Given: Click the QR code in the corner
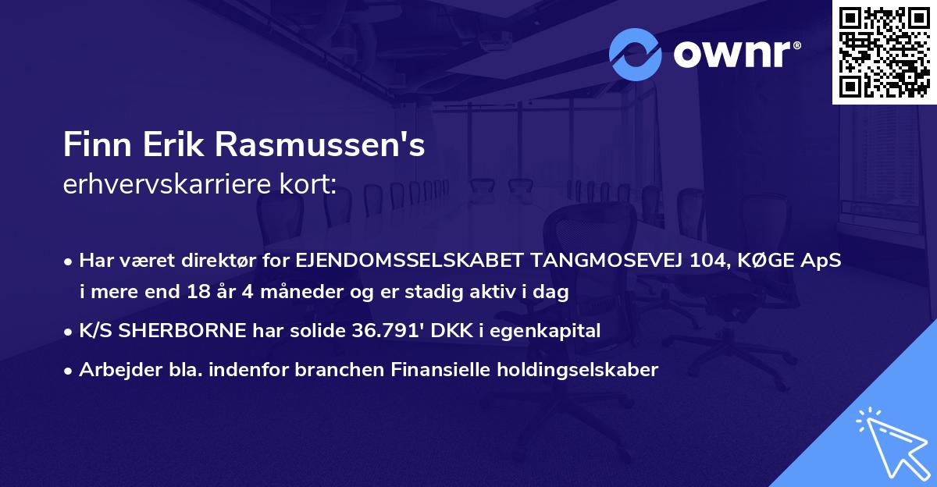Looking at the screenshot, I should point(884,51).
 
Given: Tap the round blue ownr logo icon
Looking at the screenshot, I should point(636,54).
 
